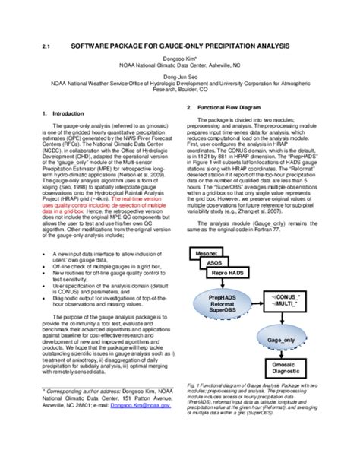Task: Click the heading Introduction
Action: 63,113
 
